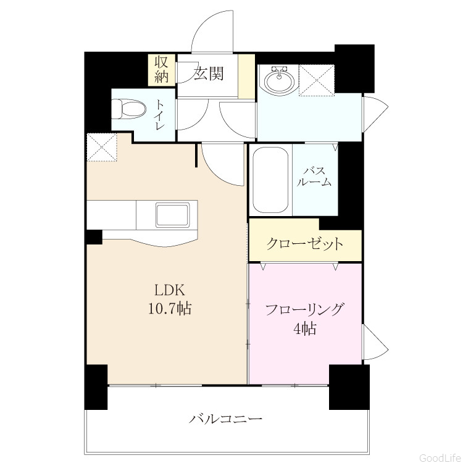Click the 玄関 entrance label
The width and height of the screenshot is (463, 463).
click(209, 73)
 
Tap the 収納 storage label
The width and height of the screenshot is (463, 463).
click(162, 70)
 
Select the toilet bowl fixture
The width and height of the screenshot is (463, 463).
click(129, 109)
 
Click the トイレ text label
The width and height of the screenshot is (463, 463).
click(160, 115)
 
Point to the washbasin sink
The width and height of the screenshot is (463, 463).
click(279, 79)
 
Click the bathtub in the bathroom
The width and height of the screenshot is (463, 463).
click(270, 180)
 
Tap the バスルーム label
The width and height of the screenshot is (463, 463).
click(314, 177)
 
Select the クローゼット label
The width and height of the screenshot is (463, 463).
click(305, 244)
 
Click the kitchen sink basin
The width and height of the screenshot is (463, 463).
click(172, 215)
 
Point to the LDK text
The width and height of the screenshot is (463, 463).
click(170, 290)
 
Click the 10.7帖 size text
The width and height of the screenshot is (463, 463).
click(170, 309)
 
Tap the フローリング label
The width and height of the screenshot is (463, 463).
click(305, 310)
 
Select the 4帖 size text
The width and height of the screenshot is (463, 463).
click(305, 328)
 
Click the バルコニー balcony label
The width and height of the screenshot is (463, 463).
click(225, 419)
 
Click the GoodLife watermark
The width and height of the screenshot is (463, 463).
click(440, 457)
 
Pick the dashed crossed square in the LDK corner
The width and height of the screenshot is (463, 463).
click(102, 147)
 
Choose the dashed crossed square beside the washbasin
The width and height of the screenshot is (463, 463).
click(317, 80)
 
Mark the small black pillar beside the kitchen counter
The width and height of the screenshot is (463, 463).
click(94, 237)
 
